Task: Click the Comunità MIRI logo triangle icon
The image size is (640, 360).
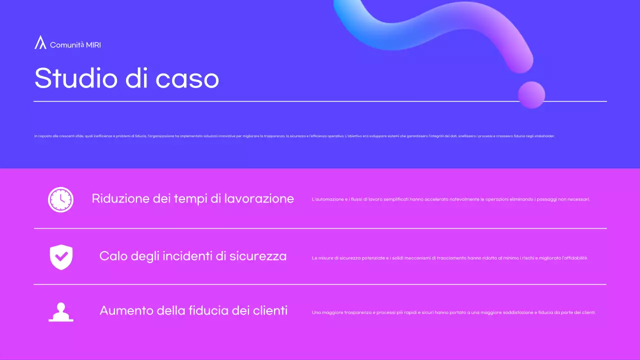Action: coord(40,42)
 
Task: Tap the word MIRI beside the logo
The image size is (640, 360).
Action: coord(93,45)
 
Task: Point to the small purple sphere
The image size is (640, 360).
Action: coord(531,94)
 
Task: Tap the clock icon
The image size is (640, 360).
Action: coord(60,199)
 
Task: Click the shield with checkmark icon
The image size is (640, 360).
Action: coord(61,257)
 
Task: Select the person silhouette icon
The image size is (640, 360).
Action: coord(61,312)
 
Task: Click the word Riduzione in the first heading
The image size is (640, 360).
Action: coord(120,198)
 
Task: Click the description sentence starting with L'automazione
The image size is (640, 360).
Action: coord(450,199)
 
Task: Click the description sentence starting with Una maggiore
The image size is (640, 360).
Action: coord(453,313)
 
